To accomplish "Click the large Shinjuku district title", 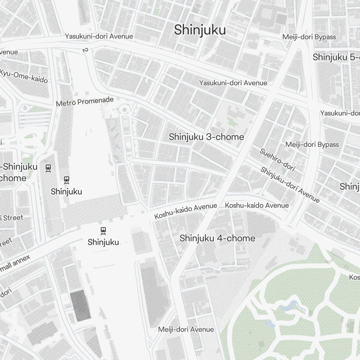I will tap(200, 30).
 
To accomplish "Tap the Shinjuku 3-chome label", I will tap(206, 137).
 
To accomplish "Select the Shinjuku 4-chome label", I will tap(217, 238).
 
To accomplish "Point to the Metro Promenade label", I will tap(85, 102).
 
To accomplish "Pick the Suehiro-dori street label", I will tap(277, 159).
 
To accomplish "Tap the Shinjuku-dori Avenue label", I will tap(290, 185).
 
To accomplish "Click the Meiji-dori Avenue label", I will tap(186, 329).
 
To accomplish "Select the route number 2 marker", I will tap(85, 50).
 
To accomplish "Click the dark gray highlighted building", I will tap(80, 306).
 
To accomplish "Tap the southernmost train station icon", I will tap(103, 230).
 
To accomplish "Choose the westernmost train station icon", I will tap(48, 168).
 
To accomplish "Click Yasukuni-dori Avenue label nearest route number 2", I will tap(99, 36).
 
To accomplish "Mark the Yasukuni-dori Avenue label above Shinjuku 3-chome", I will tap(233, 83).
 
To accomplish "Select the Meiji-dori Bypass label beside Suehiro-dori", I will tap(312, 144).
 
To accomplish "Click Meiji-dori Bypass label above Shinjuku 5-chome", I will tap(309, 37).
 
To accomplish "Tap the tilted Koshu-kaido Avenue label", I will tap(185, 211).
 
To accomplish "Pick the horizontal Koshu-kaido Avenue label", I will tap(257, 205).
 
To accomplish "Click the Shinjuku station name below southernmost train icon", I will tap(103, 242).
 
